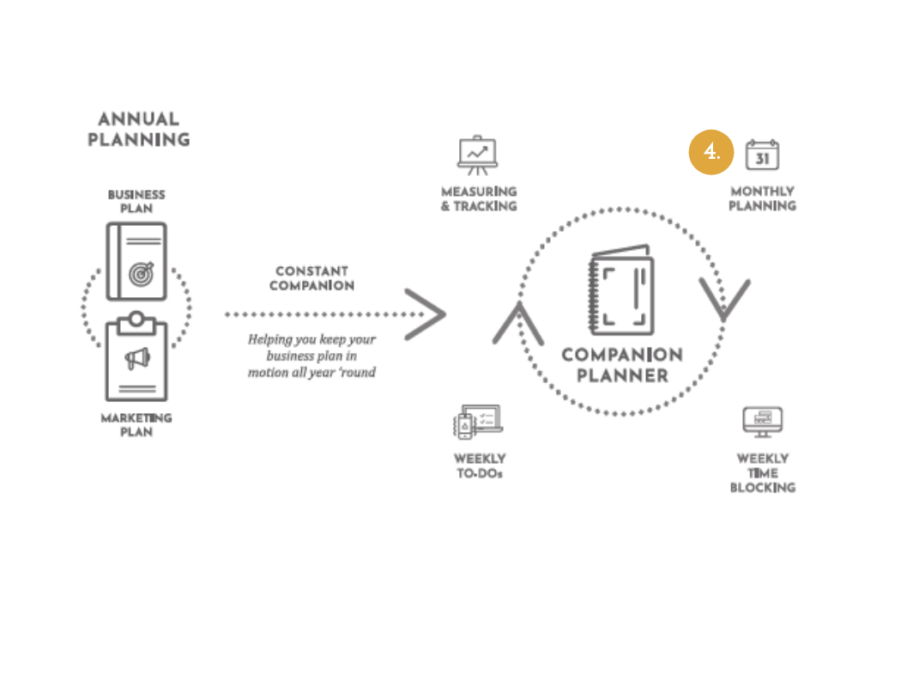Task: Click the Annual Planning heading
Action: point(139,129)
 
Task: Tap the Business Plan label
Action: point(136,202)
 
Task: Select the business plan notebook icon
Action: point(136,261)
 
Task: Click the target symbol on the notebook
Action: point(141,273)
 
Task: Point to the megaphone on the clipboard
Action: point(137,358)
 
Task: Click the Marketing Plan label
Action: point(136,425)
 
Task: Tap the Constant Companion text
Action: point(311,278)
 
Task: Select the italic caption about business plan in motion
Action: point(311,356)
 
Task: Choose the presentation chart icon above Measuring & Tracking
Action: point(477,155)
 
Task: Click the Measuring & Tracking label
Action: point(479,199)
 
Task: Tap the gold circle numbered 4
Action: point(711,153)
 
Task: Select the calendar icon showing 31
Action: point(762,155)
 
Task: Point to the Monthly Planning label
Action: point(762,198)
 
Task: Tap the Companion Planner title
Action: point(622,365)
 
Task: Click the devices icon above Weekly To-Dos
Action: point(478,422)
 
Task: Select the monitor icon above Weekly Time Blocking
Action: point(762,422)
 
